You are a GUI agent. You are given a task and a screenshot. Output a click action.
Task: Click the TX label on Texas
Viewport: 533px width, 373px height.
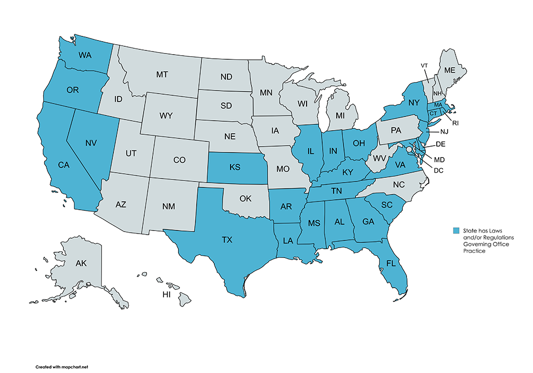[227, 240]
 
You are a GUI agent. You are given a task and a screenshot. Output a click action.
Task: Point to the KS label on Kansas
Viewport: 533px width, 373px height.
[235, 168]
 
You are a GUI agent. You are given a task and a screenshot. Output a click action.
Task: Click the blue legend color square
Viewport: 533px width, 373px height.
[456, 230]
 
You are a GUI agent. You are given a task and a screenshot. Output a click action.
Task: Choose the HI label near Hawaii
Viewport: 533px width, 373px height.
[167, 294]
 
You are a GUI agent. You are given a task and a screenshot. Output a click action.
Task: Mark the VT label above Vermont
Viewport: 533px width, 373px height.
[424, 65]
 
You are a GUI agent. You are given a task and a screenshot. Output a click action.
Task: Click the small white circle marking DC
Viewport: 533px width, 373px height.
[409, 149]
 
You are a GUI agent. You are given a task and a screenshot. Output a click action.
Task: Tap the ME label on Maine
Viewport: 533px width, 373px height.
[448, 70]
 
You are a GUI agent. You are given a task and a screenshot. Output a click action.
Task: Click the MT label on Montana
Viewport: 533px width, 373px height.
[162, 75]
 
